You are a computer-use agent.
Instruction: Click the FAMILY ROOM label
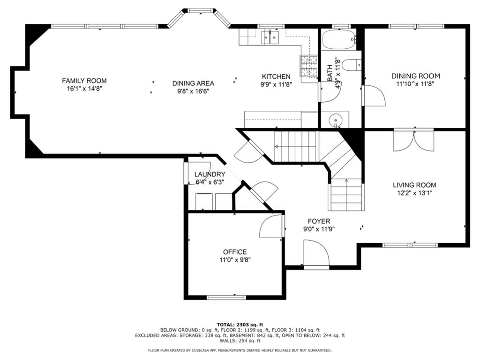(x=84, y=81)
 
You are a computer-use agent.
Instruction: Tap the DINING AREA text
(x=193, y=83)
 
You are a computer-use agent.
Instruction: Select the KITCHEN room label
(x=276, y=76)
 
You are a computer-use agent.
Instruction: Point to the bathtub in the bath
(x=339, y=39)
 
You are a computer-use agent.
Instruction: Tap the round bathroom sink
(x=336, y=119)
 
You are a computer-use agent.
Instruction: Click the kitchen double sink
(x=270, y=37)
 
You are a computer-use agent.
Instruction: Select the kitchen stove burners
(x=309, y=67)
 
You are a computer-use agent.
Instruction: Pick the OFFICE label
(x=235, y=252)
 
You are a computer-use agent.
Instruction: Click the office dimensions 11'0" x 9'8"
(x=235, y=260)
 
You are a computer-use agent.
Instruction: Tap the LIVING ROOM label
(x=414, y=185)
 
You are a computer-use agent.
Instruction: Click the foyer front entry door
(x=316, y=254)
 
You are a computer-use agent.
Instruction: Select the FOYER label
(x=319, y=221)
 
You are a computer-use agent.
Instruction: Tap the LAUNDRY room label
(x=210, y=174)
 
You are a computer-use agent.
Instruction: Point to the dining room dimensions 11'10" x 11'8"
(x=415, y=84)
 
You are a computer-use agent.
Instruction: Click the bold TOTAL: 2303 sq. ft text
(x=240, y=324)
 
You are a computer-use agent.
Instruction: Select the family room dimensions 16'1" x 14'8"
(x=84, y=89)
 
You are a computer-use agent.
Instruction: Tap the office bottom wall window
(x=226, y=297)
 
